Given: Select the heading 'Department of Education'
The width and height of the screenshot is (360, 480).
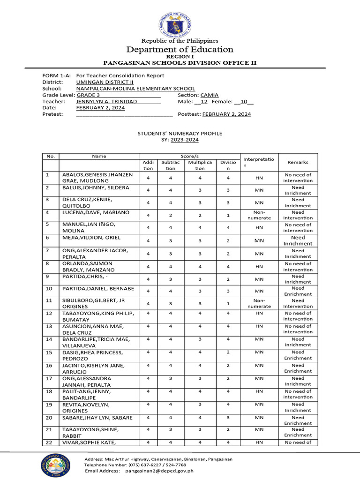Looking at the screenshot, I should click(180, 50).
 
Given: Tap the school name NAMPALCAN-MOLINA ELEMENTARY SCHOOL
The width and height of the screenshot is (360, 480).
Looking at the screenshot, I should click(135, 89).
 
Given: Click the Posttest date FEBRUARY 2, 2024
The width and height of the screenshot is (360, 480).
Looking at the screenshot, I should click(226, 114).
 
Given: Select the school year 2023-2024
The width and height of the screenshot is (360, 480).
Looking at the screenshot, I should click(184, 140).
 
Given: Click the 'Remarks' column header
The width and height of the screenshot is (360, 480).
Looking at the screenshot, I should click(298, 162).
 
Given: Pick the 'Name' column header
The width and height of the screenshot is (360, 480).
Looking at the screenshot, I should click(99, 156).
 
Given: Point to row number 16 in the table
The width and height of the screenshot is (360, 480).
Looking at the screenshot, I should click(48, 365).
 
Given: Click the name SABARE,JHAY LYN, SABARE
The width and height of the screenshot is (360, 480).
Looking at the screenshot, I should click(97, 417).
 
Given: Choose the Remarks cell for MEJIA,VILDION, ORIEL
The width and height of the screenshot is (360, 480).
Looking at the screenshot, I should click(298, 240).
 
